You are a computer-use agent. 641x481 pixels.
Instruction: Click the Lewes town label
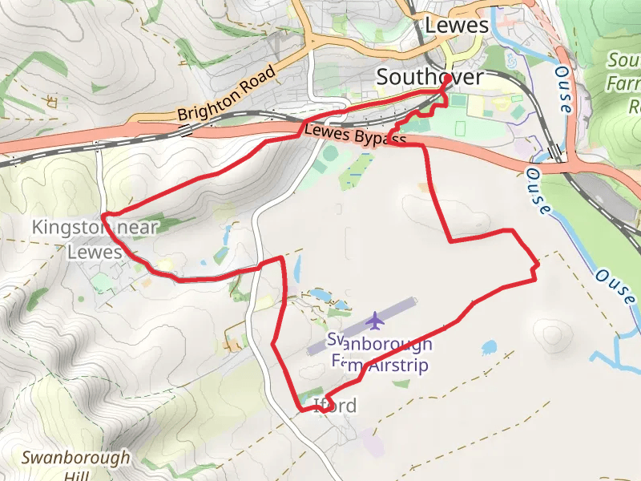click(457, 26)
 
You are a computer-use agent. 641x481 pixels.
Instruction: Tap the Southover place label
click(429, 77)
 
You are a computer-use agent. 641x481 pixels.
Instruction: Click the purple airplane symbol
click(374, 321)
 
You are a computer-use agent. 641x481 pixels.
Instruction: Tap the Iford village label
click(335, 405)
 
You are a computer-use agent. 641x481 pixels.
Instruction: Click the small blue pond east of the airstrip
click(489, 348)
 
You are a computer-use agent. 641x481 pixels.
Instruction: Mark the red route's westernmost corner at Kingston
click(104, 216)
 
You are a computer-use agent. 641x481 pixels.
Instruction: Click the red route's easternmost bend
click(538, 264)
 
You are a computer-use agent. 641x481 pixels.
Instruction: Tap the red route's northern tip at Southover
click(445, 79)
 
